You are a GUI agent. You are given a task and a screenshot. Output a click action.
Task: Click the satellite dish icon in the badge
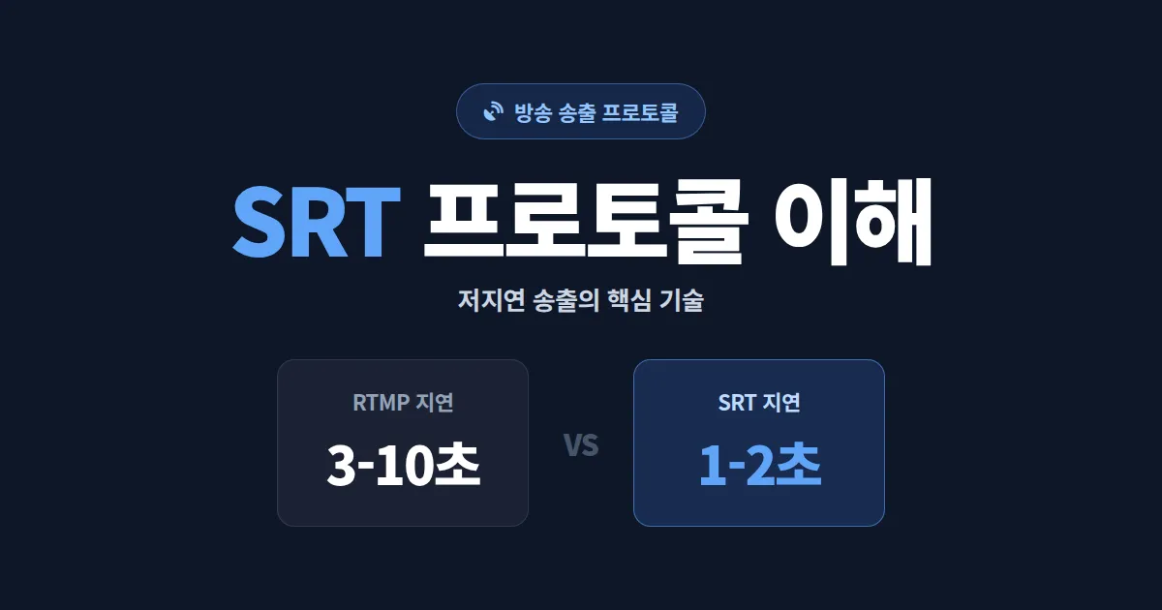tap(494, 111)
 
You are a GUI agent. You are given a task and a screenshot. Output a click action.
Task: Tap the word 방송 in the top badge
tap(532, 111)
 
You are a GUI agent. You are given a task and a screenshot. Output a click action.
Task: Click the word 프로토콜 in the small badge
tap(640, 111)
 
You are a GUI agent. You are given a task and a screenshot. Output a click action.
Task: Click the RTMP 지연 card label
tap(403, 403)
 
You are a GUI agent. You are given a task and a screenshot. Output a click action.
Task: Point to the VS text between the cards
tap(581, 445)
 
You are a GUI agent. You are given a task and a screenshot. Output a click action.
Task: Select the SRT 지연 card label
tap(759, 403)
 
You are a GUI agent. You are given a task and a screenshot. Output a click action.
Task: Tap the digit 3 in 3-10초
tap(340, 467)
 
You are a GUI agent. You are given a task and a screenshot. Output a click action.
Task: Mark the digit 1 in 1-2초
tap(711, 467)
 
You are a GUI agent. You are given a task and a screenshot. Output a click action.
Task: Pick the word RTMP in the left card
tap(382, 403)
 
